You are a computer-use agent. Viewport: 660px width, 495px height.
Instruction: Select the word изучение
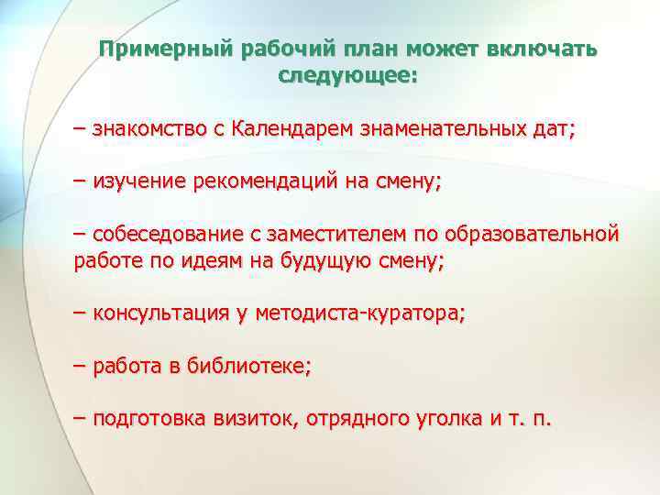[x=139, y=182]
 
